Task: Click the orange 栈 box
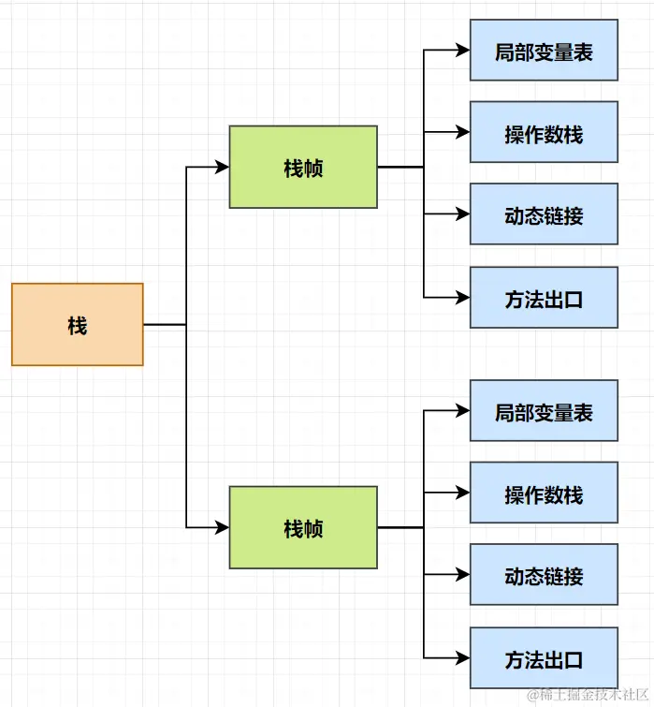point(77,324)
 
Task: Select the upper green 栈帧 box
point(303,167)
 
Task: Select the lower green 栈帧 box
point(303,527)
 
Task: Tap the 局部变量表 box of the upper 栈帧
point(544,51)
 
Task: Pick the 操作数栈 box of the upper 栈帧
point(544,133)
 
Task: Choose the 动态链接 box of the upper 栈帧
point(544,214)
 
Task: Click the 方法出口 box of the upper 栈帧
point(544,298)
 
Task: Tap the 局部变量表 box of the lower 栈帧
point(544,411)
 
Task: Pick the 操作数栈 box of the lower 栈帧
point(544,493)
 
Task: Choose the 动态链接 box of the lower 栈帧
point(544,575)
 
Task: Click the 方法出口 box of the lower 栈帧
point(544,658)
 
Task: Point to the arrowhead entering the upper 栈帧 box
point(222,167)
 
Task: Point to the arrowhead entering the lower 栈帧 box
point(222,527)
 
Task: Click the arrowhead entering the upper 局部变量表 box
point(462,51)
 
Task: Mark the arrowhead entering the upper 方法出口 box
point(462,298)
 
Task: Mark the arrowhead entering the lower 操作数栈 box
point(462,493)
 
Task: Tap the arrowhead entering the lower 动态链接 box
point(462,575)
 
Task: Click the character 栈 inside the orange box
point(77,325)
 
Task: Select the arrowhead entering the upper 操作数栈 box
point(462,133)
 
